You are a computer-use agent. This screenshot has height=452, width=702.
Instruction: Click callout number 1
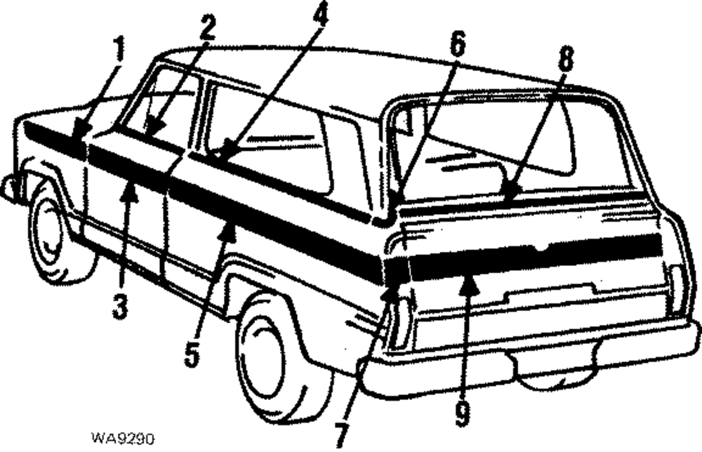119,51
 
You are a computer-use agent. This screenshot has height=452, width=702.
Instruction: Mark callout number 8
564,62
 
